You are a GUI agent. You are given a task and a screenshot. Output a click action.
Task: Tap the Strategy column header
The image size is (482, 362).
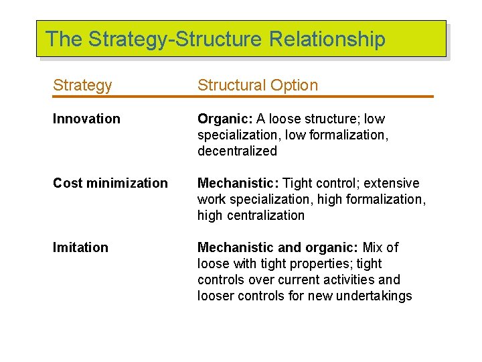click(82, 86)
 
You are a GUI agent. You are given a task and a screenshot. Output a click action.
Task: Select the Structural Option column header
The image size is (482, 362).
click(258, 86)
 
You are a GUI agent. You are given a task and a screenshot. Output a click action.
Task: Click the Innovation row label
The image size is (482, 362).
click(86, 119)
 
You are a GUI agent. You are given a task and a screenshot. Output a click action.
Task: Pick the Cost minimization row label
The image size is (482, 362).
click(110, 184)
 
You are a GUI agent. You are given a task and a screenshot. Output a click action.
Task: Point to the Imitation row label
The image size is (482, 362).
click(80, 248)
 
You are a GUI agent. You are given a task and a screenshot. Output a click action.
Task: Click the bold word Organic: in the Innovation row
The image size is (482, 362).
click(224, 119)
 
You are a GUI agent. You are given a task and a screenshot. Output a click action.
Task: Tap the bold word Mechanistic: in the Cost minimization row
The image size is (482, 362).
click(238, 184)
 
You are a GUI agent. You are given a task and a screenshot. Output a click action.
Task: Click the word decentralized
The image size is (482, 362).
click(237, 152)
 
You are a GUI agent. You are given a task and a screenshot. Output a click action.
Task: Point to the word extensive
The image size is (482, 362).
click(392, 184)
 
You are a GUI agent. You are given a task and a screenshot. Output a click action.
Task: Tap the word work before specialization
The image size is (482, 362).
click(212, 200)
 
